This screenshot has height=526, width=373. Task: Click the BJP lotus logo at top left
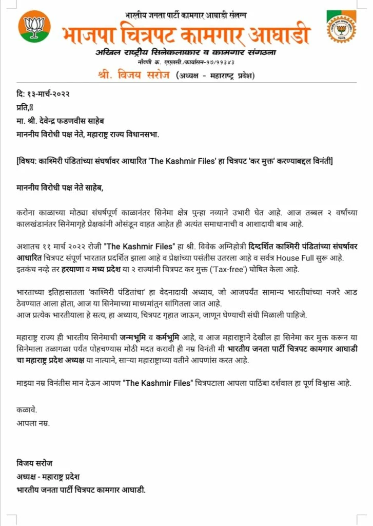click(x=34, y=26)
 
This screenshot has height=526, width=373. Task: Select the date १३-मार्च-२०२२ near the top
click(x=48, y=93)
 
